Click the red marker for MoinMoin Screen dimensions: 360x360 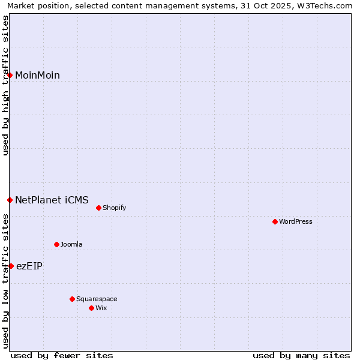point(10,75)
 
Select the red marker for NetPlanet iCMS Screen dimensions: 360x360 point(10,200)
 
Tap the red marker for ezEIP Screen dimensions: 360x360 point(11,266)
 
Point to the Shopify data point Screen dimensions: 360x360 point(98,208)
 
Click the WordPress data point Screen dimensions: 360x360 point(275,222)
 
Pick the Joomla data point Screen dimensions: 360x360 point(57,244)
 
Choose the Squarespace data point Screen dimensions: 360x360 point(72,299)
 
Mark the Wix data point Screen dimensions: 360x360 point(91,308)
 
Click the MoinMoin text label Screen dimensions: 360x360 point(37,75)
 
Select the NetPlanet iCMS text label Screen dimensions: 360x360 point(52,200)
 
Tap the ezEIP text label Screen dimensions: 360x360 point(29,266)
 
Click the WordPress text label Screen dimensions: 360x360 point(296,222)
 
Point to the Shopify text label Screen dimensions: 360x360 point(114,208)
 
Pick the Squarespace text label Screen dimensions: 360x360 point(97,299)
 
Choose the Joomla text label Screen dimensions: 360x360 point(71,244)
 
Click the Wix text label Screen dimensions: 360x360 point(101,308)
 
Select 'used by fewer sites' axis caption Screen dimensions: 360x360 point(62,355)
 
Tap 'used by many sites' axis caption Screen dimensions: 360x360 point(301,355)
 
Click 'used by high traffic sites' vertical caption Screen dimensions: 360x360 point(5,85)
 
